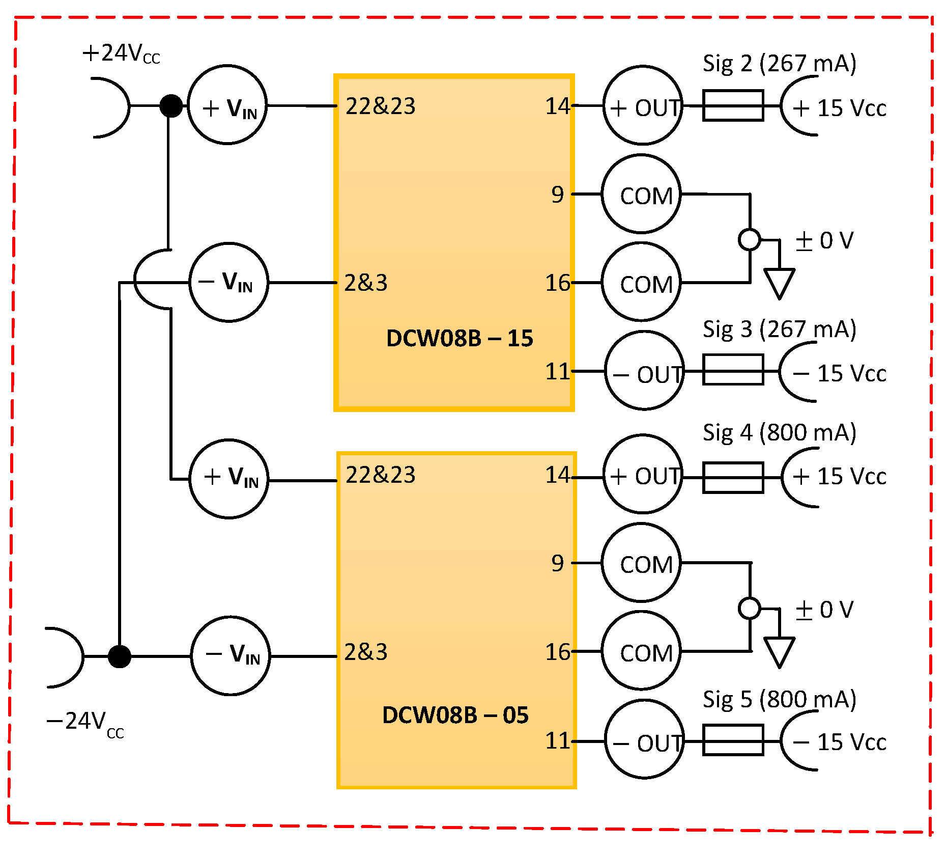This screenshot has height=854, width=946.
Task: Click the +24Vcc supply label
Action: (x=121, y=54)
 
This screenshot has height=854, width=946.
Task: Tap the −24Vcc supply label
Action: (x=85, y=722)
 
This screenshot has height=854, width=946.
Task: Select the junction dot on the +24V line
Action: (x=171, y=106)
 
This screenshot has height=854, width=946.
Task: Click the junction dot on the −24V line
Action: (x=120, y=656)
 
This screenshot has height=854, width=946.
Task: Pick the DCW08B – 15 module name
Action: (x=459, y=339)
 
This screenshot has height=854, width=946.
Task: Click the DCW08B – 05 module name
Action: (x=455, y=715)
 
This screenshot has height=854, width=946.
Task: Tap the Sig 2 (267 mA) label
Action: (x=779, y=64)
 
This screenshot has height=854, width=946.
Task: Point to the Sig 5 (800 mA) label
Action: (x=779, y=699)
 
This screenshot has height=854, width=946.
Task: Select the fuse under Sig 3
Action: (x=733, y=370)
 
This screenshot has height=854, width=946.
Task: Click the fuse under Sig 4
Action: (x=733, y=478)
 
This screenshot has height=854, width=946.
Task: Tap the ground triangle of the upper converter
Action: (x=779, y=283)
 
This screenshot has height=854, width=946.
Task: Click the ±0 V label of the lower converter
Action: (x=824, y=610)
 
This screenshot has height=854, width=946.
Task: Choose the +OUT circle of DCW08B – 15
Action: (x=643, y=106)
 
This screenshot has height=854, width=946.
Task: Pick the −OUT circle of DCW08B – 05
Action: (x=645, y=739)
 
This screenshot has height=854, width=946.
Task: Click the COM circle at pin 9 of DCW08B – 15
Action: (x=641, y=194)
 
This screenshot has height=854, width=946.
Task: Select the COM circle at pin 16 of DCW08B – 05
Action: (x=641, y=651)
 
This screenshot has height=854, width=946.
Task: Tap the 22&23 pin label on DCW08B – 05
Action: (x=380, y=475)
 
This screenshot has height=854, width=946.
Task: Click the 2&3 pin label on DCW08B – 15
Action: (x=365, y=283)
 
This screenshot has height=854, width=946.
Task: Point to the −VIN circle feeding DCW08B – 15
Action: (x=228, y=282)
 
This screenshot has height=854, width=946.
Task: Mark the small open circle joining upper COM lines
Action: (x=750, y=239)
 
